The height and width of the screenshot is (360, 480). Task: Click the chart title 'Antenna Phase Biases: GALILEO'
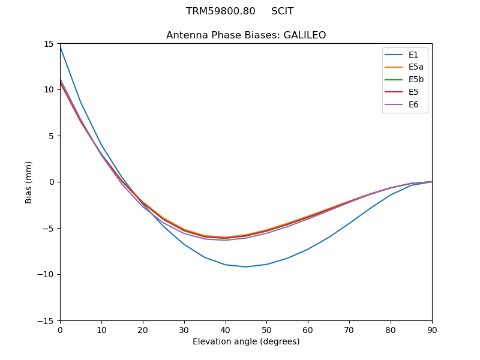[246, 35]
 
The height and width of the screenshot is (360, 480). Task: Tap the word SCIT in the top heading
[282, 11]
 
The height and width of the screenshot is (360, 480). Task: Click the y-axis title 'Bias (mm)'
[29, 182]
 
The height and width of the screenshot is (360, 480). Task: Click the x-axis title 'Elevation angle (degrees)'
[246, 342]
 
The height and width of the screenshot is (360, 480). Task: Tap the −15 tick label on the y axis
[47, 320]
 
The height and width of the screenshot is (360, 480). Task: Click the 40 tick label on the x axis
[226, 330]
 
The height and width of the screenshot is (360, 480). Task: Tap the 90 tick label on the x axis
[432, 330]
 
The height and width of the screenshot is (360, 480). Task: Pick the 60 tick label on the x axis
[308, 330]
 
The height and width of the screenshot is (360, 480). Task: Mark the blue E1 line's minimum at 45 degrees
[246, 267]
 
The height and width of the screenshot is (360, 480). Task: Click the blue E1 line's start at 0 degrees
[60, 46]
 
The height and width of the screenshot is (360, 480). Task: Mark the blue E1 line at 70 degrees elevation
[349, 224]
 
